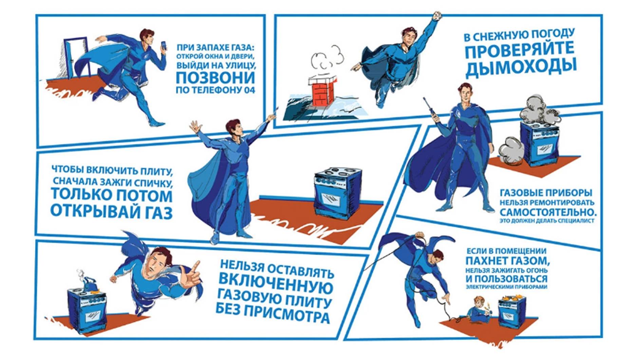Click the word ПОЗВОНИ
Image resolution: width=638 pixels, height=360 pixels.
215,78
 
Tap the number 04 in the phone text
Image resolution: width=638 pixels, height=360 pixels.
249,90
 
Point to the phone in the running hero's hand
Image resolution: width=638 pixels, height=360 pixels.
164,46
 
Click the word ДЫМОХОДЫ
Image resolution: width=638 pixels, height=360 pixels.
521,67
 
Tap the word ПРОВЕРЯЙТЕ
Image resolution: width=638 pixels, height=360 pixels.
519,50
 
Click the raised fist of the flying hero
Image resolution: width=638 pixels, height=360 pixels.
437,16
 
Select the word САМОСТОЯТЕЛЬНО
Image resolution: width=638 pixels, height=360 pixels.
547,212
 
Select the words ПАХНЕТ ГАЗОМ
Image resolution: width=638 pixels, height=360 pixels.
507,261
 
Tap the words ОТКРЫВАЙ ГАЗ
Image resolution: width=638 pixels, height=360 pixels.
111,212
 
